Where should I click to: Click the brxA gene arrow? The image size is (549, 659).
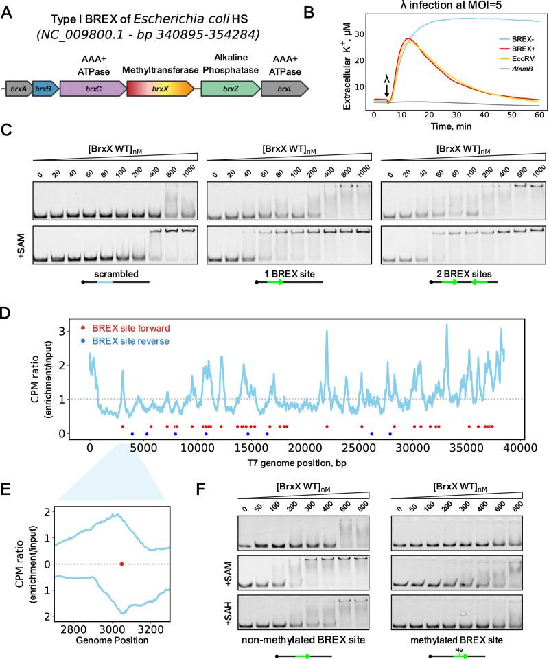tap(18, 87)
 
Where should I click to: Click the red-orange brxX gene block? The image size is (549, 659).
tap(160, 87)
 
